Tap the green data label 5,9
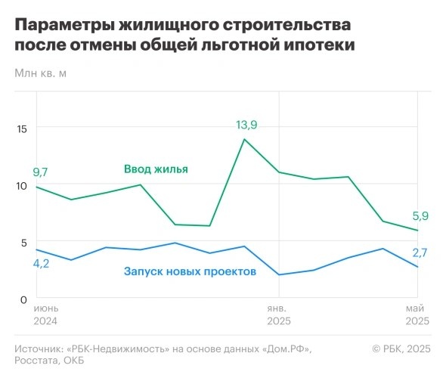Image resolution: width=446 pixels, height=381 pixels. (x=420, y=216)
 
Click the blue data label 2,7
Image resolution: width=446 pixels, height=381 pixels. (x=420, y=252)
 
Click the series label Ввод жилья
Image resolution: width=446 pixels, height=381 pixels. (x=156, y=169)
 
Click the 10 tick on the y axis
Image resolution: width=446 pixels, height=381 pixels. (x=21, y=185)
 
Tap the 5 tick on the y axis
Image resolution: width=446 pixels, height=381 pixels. (x=23, y=242)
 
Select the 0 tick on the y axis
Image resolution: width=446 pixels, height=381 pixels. (x=23, y=299)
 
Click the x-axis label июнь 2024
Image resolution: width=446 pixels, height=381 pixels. (x=46, y=314)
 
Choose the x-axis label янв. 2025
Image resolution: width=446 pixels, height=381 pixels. (x=279, y=314)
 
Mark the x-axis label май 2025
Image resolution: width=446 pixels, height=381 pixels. (x=417, y=314)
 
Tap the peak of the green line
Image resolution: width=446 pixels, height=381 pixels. (x=243, y=139)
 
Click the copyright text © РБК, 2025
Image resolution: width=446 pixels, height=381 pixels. (x=401, y=348)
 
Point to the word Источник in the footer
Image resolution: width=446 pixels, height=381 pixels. (x=39, y=348)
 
